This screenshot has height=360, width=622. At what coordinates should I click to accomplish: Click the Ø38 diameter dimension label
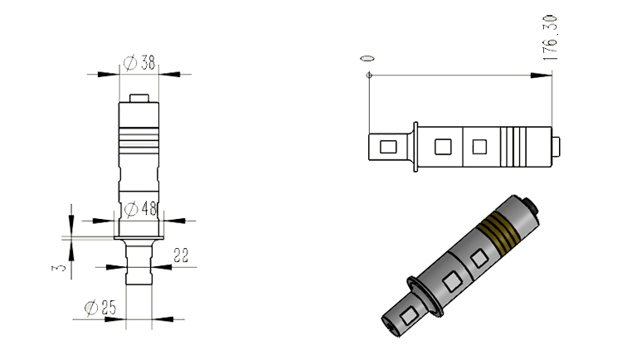(139, 63)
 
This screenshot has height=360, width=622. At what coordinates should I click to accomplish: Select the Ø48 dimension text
(141, 209)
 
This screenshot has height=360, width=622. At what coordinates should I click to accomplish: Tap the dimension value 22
(181, 255)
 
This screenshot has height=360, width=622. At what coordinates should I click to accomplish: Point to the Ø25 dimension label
(100, 308)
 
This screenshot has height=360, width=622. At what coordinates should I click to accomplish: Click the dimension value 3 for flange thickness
(59, 268)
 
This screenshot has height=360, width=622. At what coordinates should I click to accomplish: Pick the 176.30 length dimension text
(550, 37)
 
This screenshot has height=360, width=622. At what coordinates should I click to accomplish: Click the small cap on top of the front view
(138, 98)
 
